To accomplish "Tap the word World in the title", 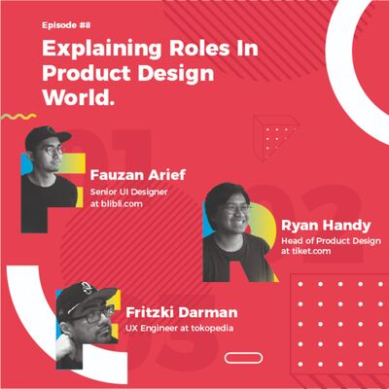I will tap(77, 98).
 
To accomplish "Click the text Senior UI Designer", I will tap(128, 193).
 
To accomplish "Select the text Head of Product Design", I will tap(331, 239).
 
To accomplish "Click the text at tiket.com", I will tap(307, 251).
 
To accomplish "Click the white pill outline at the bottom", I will tap(243, 357).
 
